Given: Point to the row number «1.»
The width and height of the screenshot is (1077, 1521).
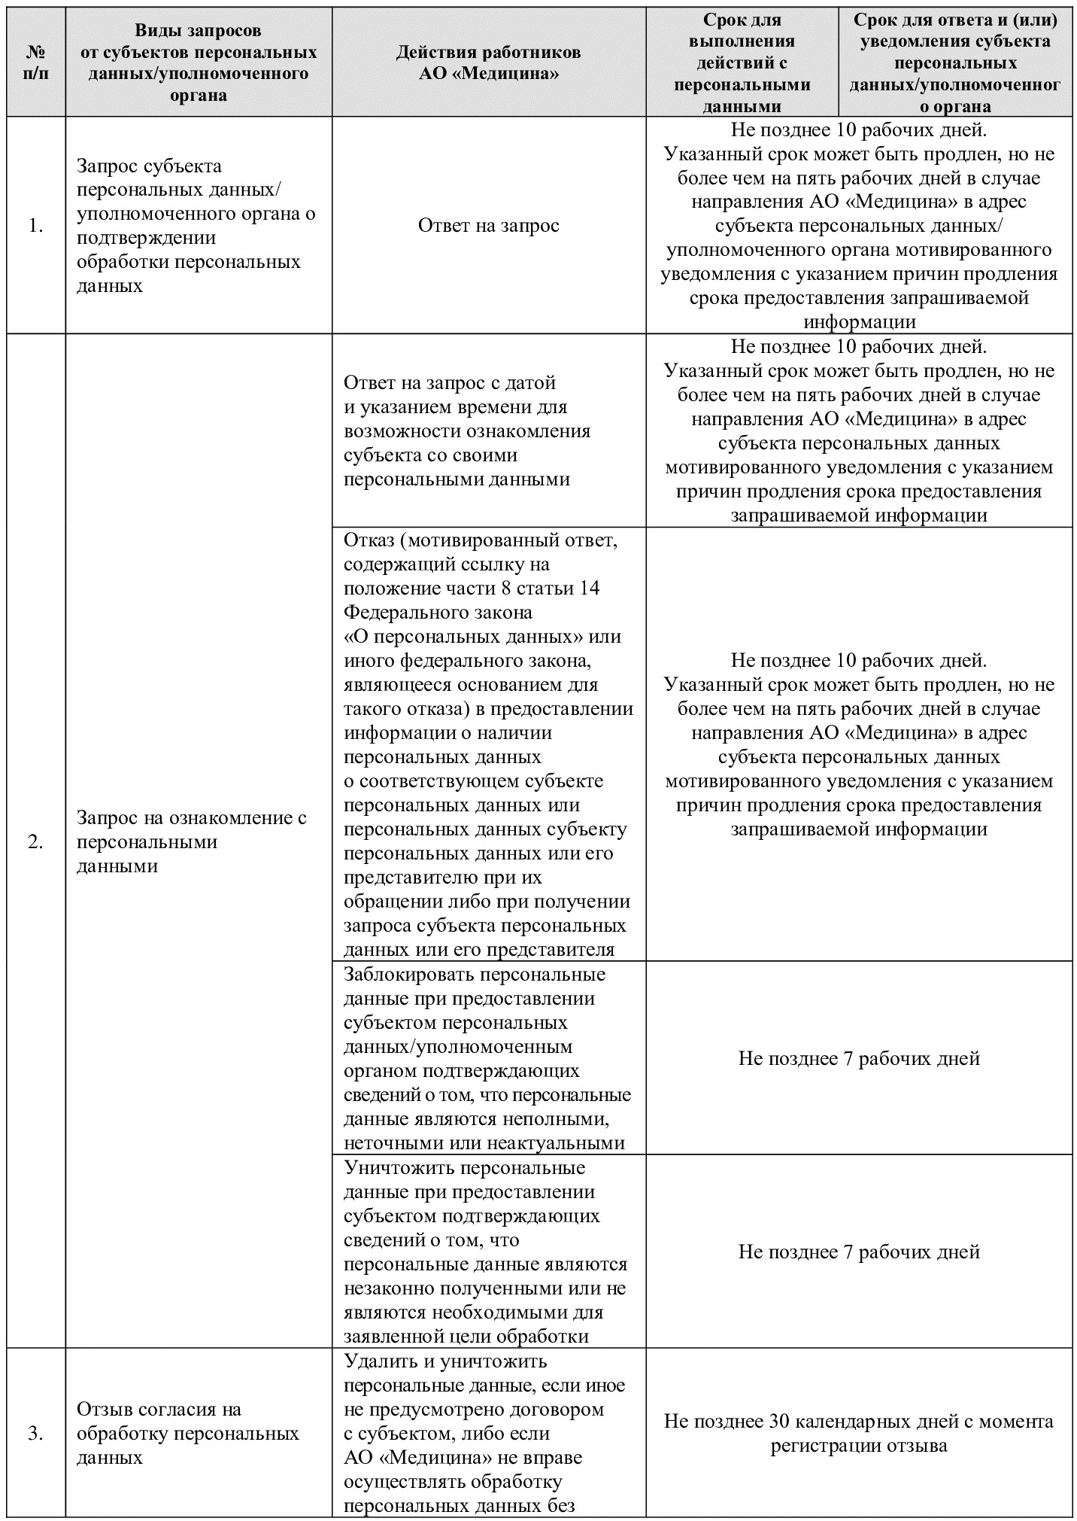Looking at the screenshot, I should [35, 226].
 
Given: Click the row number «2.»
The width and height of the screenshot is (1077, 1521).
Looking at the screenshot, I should [35, 841].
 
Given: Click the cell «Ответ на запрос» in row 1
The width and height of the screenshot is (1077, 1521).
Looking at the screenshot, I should [489, 226].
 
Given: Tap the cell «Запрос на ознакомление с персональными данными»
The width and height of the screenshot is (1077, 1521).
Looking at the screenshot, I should [192, 841].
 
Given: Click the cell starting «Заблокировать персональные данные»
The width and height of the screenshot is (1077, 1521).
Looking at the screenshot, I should [487, 1058].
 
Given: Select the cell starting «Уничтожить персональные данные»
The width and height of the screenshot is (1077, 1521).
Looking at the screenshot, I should [486, 1252].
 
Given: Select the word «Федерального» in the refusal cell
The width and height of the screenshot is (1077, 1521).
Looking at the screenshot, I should [406, 612].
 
